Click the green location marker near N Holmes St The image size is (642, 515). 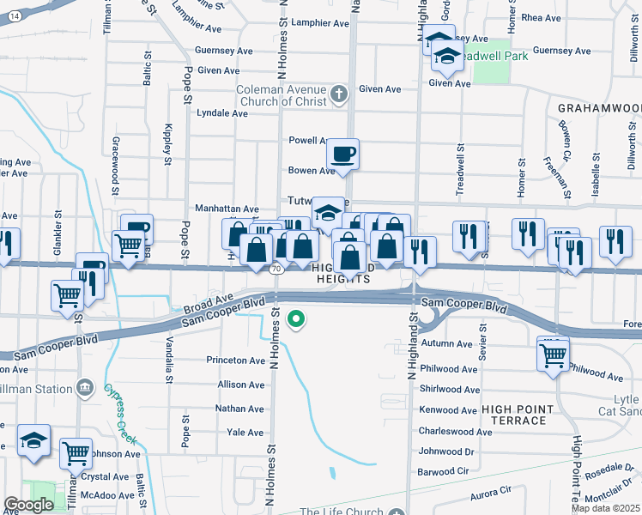(296, 320)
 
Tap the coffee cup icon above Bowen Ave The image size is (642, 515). (343, 154)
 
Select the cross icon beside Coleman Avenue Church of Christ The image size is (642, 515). (339, 92)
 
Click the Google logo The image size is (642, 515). (29, 504)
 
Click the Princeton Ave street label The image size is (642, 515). (236, 360)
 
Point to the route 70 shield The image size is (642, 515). (276, 270)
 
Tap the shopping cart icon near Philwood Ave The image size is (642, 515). (553, 353)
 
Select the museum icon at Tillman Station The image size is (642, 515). (84, 389)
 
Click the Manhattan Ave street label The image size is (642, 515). (227, 209)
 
